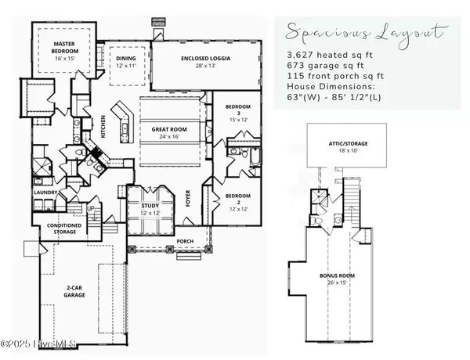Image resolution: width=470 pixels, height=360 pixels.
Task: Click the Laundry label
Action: pos(43,191)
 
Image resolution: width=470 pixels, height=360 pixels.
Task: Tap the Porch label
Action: pos(185,241)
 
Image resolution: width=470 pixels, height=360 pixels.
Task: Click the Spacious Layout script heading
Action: pos(366,34)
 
